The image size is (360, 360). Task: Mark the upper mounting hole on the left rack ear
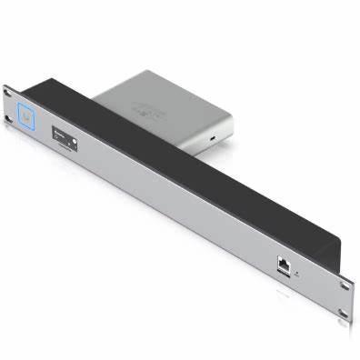(8, 91)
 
